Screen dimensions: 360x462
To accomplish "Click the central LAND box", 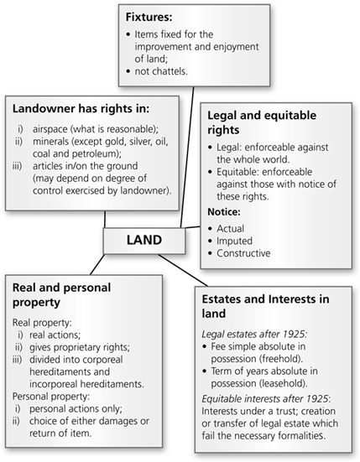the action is [x=144, y=241].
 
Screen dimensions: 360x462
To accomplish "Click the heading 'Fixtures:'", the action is [x=149, y=17].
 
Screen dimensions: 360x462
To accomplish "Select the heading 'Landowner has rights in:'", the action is [x=81, y=108].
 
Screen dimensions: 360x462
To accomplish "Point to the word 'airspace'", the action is [x=50, y=129].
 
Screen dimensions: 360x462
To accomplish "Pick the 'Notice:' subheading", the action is [x=224, y=212].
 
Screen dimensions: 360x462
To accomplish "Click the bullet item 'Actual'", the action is [x=231, y=229].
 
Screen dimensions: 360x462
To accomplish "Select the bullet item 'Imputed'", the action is [x=235, y=241].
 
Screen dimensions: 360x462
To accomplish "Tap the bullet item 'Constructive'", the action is [x=243, y=253].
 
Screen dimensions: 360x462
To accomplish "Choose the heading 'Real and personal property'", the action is [x=61, y=294].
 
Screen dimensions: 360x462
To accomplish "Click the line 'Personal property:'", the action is [x=50, y=397].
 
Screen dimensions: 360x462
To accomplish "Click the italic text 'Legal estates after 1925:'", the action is [x=254, y=334].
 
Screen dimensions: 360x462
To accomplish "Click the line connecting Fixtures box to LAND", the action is [x=187, y=157].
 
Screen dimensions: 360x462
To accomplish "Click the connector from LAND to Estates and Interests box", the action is [x=183, y=270].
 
